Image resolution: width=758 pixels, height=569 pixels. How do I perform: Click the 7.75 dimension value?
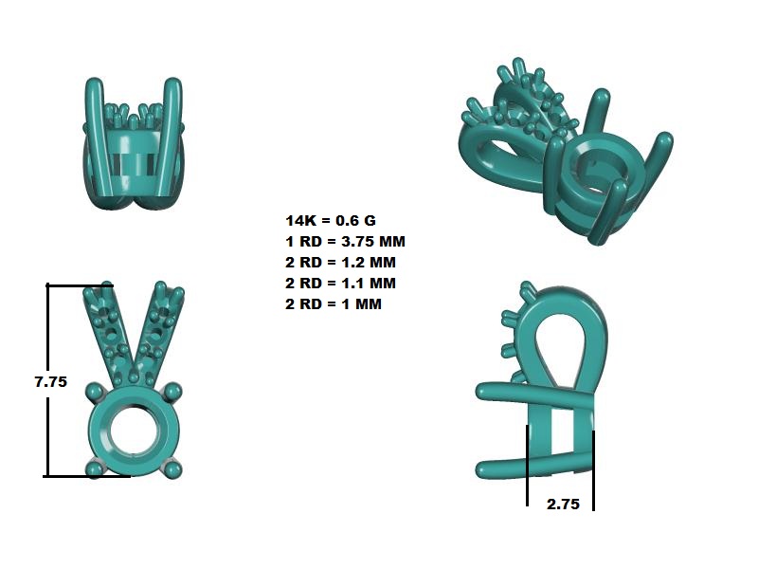tap(51, 382)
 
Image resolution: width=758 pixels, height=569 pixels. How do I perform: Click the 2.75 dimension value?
tap(563, 505)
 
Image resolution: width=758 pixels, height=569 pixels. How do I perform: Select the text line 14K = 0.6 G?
tap(331, 221)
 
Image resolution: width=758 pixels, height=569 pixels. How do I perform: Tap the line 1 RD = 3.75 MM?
tap(345, 242)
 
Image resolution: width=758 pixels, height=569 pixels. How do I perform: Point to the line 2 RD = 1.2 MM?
tap(340, 263)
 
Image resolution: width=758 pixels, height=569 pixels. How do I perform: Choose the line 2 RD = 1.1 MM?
tap(340, 283)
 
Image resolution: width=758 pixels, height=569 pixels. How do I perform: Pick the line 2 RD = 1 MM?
tap(334, 303)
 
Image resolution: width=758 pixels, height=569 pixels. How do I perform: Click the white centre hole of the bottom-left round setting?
tap(134, 431)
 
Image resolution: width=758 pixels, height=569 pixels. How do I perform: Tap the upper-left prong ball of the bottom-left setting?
tap(95, 392)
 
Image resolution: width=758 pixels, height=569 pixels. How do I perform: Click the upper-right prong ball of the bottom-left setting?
tap(172, 392)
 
